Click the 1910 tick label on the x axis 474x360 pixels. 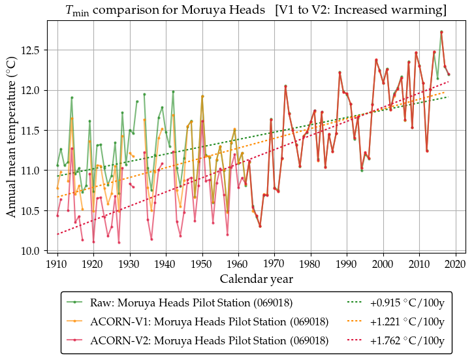[57, 264]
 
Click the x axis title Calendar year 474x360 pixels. [256, 279]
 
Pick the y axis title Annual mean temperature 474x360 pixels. [12, 140]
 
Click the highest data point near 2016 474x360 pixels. [441, 31]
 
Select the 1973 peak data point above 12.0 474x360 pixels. [285, 86]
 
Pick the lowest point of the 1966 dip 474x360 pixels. [260, 226]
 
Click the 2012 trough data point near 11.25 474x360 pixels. [427, 150]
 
